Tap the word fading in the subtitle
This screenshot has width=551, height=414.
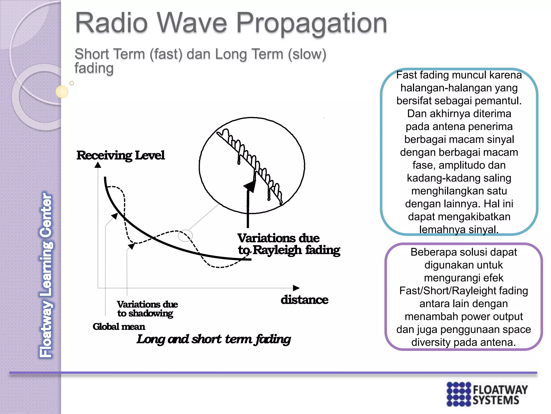[x=94, y=68]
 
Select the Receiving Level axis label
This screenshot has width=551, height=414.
[x=120, y=155]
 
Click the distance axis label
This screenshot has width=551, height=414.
[x=304, y=300]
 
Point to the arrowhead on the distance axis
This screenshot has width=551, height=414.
[x=296, y=288]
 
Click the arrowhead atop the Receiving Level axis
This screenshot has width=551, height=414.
[x=98, y=165]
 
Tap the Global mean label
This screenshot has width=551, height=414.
[x=119, y=327]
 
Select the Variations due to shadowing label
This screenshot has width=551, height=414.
[x=147, y=309]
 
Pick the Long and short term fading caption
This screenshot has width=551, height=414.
[x=213, y=339]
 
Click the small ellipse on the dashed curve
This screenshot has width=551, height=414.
[x=185, y=236]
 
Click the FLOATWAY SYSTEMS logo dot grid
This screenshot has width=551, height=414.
[x=459, y=394]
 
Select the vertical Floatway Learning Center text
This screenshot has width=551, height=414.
[x=46, y=275]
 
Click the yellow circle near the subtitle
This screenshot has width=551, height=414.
[x=62, y=92]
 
